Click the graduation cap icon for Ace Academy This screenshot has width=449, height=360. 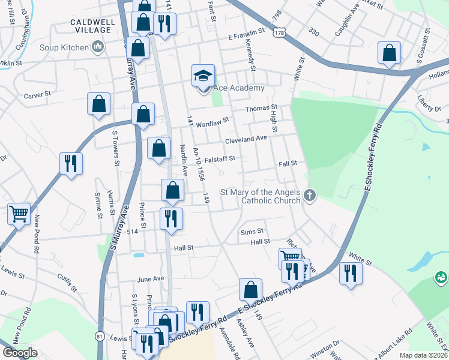[203, 76]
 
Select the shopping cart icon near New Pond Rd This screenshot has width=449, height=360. [19, 213]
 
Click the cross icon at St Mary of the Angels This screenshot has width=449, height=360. [310, 194]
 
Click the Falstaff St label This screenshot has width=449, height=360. [218, 158]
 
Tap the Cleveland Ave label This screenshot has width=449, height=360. [246, 139]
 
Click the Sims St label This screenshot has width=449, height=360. [252, 230]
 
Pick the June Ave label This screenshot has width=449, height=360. [151, 279]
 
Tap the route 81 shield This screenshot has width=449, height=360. [99, 337]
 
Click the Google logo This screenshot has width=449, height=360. [20, 353]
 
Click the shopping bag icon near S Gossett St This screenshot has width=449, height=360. [389, 52]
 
